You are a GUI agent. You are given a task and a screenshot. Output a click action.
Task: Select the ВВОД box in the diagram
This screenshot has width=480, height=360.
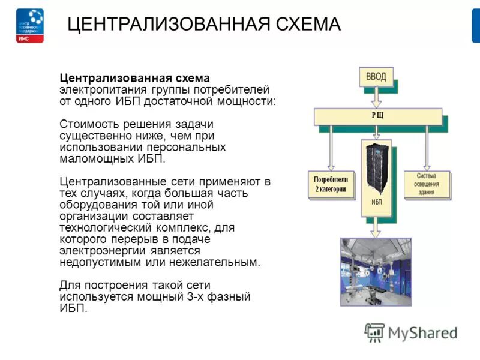tap(376, 77)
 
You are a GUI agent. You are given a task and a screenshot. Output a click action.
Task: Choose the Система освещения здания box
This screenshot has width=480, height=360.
tap(427, 183)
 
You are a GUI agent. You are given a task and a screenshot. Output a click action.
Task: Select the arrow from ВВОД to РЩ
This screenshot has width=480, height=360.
tap(376, 97)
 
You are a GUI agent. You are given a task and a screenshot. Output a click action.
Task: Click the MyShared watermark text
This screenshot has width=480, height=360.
tap(422, 332)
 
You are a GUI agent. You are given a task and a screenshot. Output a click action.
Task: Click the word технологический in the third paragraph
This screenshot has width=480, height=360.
tap(101, 228)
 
